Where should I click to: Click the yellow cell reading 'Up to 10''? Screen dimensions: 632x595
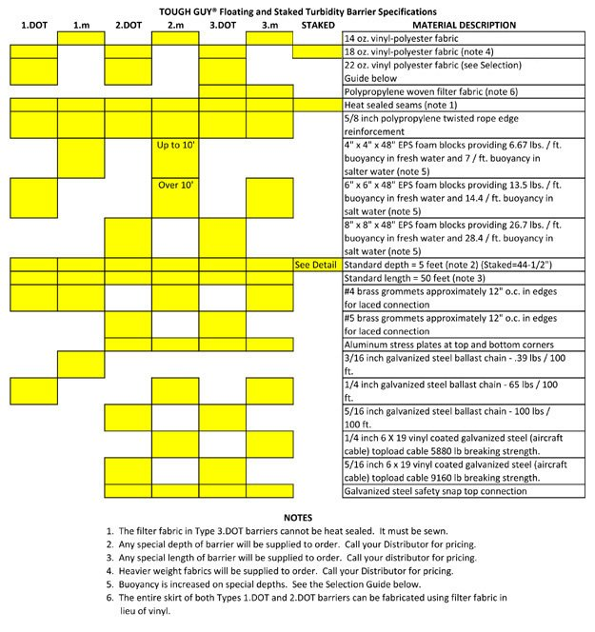175,146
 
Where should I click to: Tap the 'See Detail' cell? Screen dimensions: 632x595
316,264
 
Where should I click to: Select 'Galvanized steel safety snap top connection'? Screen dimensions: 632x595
435,491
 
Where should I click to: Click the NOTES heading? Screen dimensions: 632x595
298,518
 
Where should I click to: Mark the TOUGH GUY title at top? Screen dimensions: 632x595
297,8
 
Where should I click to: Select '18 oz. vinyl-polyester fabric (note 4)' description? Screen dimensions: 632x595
418,50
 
